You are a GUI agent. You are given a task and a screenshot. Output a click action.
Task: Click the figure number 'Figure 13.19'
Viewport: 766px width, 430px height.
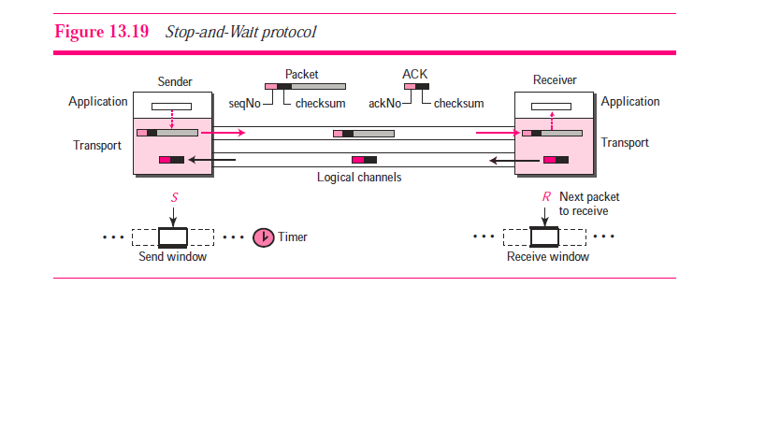click(102, 32)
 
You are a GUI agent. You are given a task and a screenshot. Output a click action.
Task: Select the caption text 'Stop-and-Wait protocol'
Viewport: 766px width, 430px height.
click(241, 32)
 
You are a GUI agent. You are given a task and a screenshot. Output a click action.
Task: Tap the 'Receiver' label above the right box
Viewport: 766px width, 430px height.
click(555, 80)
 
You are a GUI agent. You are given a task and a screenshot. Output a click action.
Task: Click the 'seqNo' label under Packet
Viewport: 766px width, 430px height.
click(246, 103)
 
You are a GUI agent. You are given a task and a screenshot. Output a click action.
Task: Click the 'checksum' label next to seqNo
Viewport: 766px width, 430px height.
click(321, 103)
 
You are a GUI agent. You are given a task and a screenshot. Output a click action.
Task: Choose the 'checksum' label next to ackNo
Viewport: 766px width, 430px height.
click(458, 103)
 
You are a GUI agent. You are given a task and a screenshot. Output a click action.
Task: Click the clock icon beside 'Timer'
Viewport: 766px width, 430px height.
click(264, 237)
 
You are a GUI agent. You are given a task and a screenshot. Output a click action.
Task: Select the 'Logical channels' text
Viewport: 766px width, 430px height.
click(359, 178)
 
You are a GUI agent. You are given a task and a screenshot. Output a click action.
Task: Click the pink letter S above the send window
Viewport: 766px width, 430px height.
click(173, 198)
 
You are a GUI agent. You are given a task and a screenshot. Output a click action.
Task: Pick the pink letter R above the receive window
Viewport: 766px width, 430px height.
click(545, 198)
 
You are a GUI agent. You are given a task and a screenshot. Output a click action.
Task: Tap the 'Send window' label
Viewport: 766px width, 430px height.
click(173, 257)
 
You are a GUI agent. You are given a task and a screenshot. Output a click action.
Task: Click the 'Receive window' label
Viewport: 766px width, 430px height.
click(548, 257)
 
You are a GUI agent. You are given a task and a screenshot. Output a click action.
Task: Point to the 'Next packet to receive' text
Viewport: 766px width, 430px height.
click(589, 204)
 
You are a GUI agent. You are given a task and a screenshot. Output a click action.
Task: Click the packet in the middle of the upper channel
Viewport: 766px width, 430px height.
click(363, 134)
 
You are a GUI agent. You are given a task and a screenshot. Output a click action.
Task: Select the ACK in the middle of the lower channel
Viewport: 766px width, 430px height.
click(363, 160)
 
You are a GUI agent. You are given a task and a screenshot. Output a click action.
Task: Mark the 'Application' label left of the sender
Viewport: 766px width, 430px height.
click(98, 102)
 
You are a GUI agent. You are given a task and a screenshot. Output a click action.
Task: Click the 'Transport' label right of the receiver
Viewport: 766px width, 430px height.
click(625, 143)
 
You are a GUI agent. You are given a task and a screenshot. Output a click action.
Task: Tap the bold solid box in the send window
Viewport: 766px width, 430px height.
click(173, 236)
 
